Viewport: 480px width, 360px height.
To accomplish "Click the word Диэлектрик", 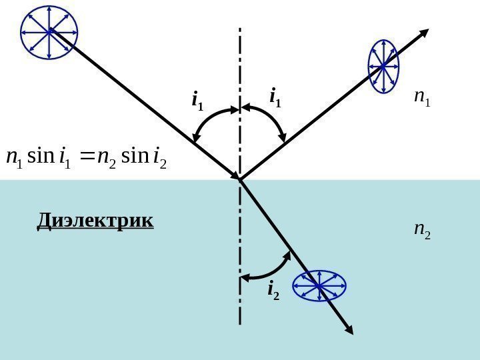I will tap(95, 219).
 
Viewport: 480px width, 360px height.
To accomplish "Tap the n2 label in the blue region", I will tap(422, 230).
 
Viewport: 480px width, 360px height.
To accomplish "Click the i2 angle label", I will tap(273, 290).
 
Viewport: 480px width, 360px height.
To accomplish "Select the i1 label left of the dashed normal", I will tap(198, 101).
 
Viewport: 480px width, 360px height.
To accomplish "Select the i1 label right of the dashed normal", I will tap(275, 99).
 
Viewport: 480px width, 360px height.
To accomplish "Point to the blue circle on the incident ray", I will tap(49, 31).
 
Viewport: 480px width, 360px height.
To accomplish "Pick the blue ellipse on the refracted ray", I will tap(319, 285).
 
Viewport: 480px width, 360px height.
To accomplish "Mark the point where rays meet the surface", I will tap(239, 179).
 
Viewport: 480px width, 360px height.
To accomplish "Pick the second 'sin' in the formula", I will tap(133, 158).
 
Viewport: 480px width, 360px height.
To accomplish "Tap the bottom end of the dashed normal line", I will tap(239, 324).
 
